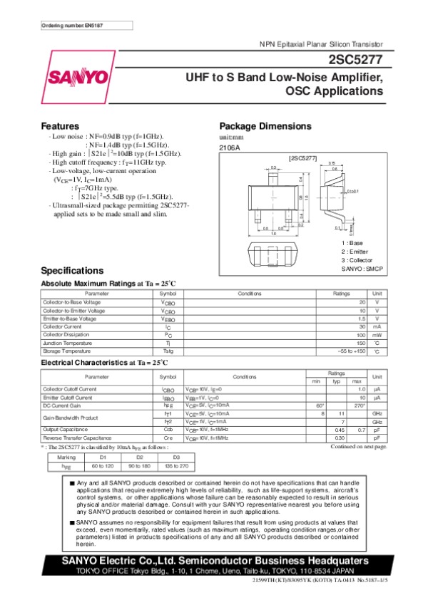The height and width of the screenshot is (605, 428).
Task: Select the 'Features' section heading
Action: click(60, 125)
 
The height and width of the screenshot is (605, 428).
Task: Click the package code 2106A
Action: click(230, 148)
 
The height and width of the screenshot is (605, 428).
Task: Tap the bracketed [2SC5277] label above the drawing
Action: click(301, 156)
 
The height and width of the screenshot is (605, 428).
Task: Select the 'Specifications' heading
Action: click(73, 271)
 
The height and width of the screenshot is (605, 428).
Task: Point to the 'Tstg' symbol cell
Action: click(168, 351)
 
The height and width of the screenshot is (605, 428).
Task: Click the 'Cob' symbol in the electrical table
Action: click(168, 430)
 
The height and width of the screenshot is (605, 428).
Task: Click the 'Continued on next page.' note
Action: click(359, 446)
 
